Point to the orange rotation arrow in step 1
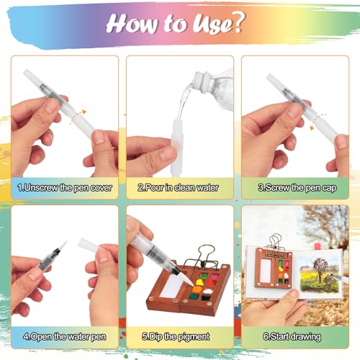click(82, 112)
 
